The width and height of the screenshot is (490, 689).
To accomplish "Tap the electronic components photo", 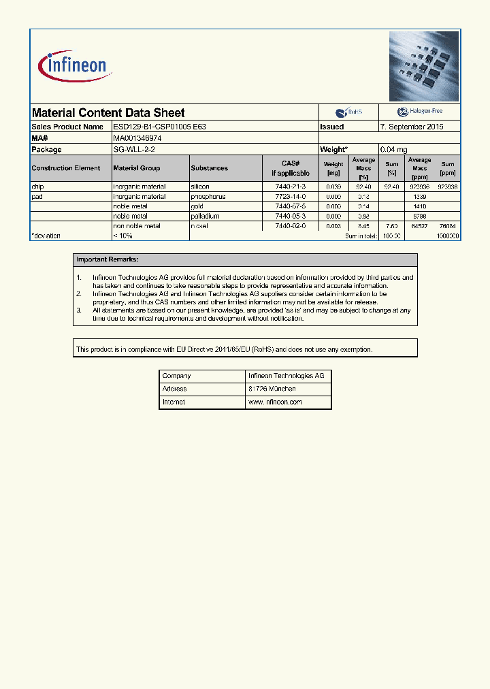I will tap(424, 67).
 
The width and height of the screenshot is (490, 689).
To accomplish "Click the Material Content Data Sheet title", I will tap(108, 113).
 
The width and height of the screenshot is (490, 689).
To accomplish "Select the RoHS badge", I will tap(349, 112).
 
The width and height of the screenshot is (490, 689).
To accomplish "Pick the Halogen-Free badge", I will tap(419, 112).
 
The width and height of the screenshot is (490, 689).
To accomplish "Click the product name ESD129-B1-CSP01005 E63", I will tap(159, 127).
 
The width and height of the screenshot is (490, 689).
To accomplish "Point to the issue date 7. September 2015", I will tap(412, 127).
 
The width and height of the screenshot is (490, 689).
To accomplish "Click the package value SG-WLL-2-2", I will tap(134, 149).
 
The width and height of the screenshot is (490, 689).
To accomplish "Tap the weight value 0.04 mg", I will tap(393, 149).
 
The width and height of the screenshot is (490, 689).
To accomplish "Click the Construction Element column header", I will tap(66, 168).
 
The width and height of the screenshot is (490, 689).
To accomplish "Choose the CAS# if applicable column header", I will tap(291, 168).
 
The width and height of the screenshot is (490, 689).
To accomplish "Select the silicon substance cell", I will tap(200, 187).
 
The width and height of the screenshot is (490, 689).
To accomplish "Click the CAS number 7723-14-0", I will tap(291, 196).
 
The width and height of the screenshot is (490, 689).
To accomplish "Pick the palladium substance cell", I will tap(205, 216).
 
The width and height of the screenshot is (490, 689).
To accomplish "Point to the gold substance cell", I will tap(197, 206).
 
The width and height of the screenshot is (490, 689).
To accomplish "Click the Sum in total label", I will tap(361, 236).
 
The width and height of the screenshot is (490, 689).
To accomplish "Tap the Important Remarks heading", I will tap(108, 259).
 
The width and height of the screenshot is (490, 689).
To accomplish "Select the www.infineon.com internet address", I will tap(275, 402).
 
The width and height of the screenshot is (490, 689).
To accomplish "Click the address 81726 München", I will tap(272, 389).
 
